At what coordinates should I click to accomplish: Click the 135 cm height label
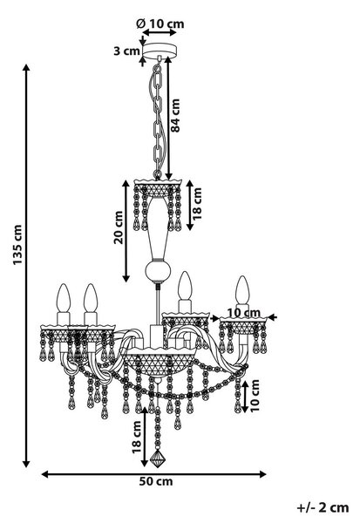tap(17, 245)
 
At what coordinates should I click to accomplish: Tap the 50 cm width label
tap(156, 482)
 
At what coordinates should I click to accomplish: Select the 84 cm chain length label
tap(175, 116)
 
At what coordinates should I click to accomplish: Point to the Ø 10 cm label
tap(160, 24)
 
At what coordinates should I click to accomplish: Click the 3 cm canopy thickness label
tap(126, 51)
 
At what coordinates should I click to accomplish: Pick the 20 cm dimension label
tap(119, 228)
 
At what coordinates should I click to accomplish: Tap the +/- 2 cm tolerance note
tap(323, 507)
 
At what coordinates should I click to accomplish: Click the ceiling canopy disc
tap(160, 50)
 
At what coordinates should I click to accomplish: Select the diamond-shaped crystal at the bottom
tap(158, 458)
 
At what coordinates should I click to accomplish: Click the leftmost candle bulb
tap(64, 298)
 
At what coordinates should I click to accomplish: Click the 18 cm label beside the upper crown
tap(197, 203)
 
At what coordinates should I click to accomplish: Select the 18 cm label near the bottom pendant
tap(137, 437)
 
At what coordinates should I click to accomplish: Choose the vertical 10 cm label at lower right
tap(255, 396)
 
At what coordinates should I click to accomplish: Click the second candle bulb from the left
tap(91, 298)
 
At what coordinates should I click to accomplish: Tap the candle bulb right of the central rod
tap(185, 286)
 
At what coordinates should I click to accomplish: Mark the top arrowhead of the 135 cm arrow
tap(26, 67)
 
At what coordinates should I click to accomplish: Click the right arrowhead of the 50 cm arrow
tap(263, 474)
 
